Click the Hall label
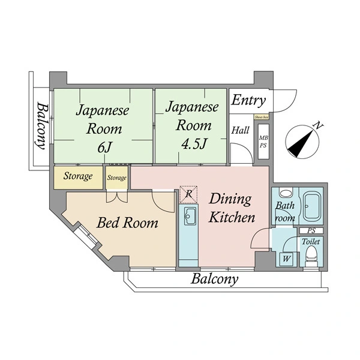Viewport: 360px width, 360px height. pos(241,130)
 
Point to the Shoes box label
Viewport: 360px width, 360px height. pos(261,118)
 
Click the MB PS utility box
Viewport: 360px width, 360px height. pos(263,142)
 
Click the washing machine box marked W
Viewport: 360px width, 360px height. pos(286,259)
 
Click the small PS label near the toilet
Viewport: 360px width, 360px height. pos(311,230)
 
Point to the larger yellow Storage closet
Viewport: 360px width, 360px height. pos(79,176)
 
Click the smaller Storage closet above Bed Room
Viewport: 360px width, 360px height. pos(117,178)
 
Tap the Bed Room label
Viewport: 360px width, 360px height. pos(128,223)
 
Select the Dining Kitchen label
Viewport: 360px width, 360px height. pos(232,208)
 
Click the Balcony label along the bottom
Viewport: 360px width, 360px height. pos(214,279)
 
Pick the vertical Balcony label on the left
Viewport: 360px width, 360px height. pos(41,125)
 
